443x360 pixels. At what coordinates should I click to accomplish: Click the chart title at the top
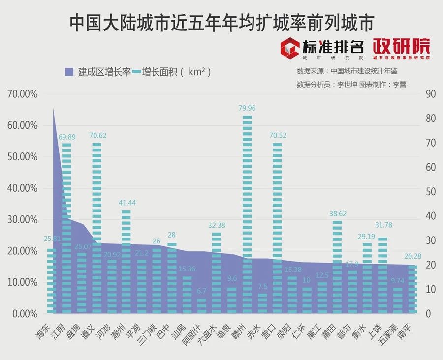coord(221,22)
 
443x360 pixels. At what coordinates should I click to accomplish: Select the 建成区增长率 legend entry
coord(98,72)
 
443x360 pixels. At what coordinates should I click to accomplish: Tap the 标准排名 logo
coord(322,48)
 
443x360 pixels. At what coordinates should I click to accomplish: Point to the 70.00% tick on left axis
coord(23,94)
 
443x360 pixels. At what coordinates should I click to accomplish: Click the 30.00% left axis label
coord(23,219)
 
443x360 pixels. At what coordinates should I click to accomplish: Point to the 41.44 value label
coord(127,203)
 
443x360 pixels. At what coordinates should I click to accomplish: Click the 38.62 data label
coord(337,214)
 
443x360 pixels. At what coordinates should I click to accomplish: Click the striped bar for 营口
coord(277,226)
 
